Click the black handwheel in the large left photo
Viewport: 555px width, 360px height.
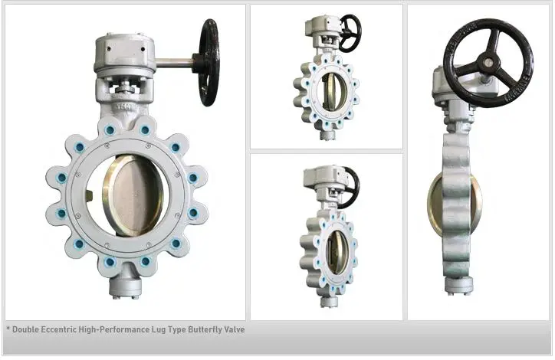pos(208,63)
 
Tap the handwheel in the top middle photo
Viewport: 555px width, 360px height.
pos(350,31)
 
